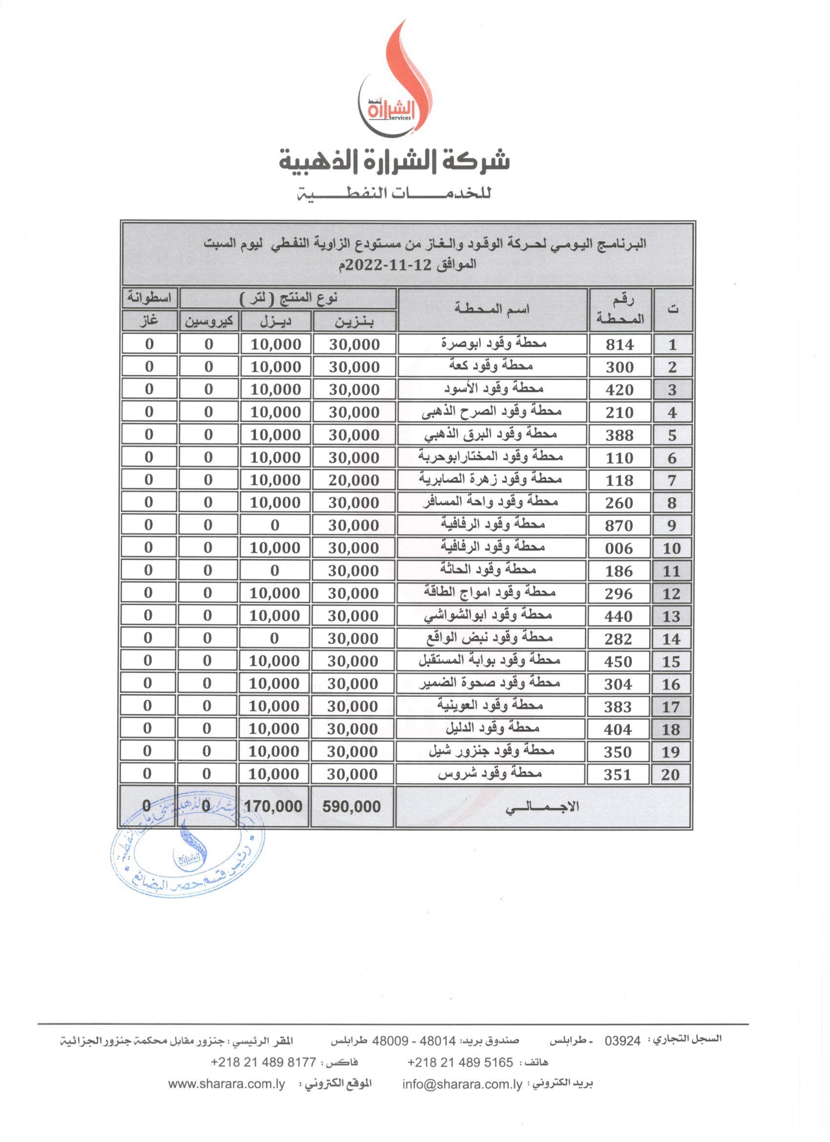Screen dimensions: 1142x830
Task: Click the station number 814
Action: (620, 345)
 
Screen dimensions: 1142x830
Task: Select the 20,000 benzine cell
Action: (354, 480)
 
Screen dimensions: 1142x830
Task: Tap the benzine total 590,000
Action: (352, 806)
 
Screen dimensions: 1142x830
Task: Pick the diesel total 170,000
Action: (273, 806)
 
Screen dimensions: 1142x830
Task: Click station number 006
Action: (619, 549)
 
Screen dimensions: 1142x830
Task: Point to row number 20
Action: (670, 774)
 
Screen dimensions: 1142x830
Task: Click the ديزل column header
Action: (276, 321)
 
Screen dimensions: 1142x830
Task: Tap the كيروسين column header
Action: (209, 321)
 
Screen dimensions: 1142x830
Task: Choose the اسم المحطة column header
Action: (492, 309)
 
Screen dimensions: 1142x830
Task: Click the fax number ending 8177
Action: (263, 1062)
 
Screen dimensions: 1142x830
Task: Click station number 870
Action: (619, 526)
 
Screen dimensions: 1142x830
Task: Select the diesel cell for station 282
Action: (274, 638)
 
